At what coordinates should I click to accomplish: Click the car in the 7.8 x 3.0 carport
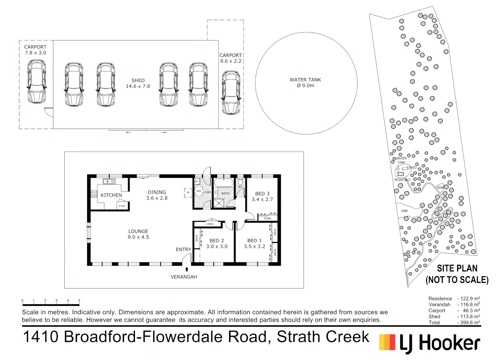(x=36, y=82)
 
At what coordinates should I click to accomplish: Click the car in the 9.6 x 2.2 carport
(x=231, y=92)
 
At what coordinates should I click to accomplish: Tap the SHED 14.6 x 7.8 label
(x=138, y=83)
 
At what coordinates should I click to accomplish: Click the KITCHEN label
(x=111, y=195)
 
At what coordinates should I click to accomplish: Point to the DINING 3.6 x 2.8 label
(x=157, y=195)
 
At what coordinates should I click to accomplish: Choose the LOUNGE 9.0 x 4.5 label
(x=138, y=234)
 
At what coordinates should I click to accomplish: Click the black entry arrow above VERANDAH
(x=187, y=269)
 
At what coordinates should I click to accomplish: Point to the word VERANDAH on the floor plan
(x=184, y=277)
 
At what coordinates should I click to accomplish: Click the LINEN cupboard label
(x=210, y=224)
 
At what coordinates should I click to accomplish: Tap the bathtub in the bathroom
(x=224, y=183)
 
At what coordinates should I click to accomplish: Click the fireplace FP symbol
(x=188, y=193)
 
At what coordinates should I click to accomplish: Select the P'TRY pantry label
(x=122, y=206)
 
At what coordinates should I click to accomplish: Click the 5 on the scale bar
(x=79, y=301)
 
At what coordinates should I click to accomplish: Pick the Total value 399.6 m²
(x=469, y=323)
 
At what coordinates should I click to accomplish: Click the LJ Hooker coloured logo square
(x=387, y=342)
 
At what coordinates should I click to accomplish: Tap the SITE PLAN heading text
(x=457, y=268)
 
